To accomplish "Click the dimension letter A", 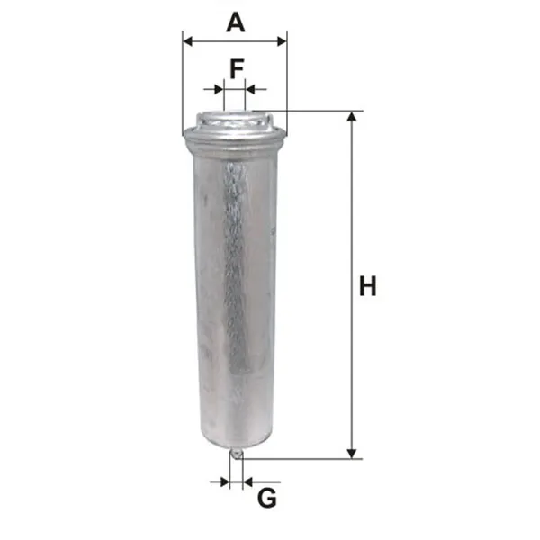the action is (x=236, y=22).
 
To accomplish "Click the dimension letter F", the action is (x=237, y=68).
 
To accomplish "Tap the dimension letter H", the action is (x=368, y=285).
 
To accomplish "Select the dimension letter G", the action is (x=267, y=498).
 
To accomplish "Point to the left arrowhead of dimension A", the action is (x=188, y=41).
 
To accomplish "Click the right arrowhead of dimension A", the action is (x=282, y=41).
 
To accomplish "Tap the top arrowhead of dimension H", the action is (x=352, y=116).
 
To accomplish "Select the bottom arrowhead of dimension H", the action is (x=352, y=454).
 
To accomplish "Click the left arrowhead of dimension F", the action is (x=220, y=89).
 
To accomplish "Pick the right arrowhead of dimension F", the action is (x=249, y=89).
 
